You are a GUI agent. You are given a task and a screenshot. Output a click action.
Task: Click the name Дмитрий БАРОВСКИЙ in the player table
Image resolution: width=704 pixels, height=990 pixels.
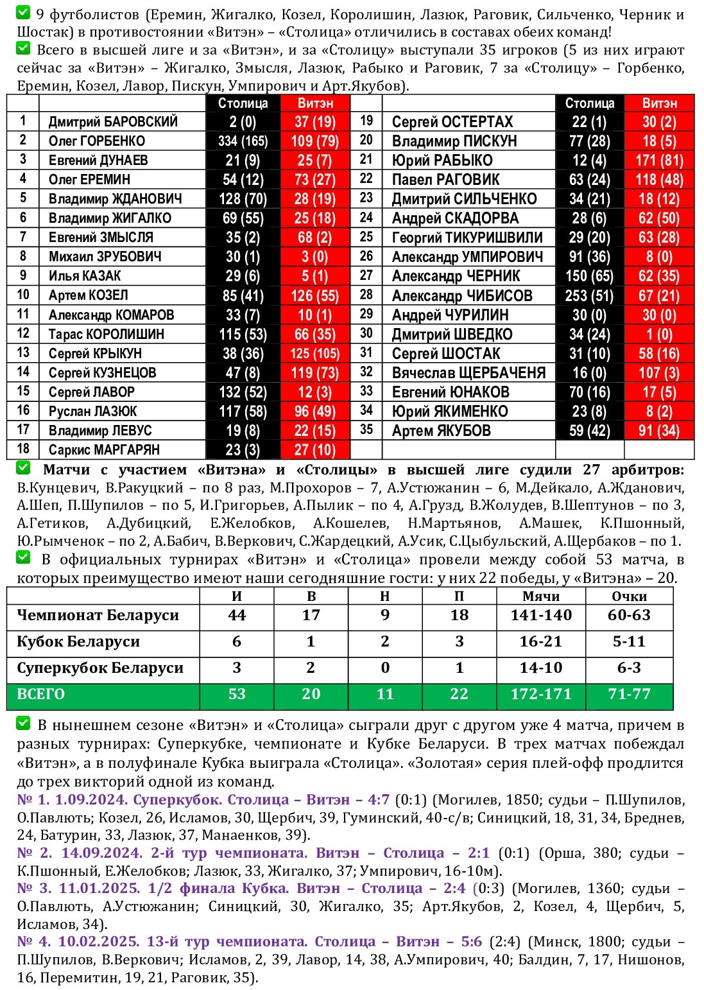point(113,122)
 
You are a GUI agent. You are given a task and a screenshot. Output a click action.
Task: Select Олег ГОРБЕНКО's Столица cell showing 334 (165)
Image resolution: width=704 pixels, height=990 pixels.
point(243,141)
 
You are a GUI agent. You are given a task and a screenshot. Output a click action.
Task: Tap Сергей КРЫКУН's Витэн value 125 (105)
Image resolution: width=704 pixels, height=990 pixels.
point(314,354)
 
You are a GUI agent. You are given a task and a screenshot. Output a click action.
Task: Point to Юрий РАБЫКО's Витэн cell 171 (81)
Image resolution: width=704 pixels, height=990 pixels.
point(659,161)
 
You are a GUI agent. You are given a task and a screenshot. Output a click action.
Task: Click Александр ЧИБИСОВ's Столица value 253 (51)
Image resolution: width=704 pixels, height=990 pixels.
point(589,296)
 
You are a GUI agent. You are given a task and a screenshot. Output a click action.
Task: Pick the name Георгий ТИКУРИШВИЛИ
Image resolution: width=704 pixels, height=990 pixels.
point(467,238)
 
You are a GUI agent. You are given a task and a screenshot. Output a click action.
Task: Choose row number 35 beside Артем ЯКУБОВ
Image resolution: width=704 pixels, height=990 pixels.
point(366,430)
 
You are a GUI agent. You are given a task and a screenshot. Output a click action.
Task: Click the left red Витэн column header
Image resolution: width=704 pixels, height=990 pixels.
point(315,103)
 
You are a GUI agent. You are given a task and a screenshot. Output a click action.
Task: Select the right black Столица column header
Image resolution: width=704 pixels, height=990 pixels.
point(589,103)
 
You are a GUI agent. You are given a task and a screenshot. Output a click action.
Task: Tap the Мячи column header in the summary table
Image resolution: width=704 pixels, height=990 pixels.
point(540,596)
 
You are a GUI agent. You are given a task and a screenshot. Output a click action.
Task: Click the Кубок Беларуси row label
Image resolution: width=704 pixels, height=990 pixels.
point(78,641)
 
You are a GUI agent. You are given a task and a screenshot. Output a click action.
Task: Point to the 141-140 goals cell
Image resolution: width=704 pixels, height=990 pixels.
point(540,615)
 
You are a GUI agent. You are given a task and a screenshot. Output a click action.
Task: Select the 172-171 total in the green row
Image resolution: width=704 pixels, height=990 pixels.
point(540,694)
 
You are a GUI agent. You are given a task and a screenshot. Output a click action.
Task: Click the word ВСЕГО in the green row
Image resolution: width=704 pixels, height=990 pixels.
point(41,694)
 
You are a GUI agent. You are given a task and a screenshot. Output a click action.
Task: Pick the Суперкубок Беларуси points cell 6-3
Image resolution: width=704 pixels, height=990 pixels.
point(628,668)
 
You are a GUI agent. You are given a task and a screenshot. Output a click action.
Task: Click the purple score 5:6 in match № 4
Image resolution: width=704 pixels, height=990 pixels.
point(471,942)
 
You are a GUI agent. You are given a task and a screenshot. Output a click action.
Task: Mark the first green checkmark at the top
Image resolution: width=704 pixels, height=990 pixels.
point(23,13)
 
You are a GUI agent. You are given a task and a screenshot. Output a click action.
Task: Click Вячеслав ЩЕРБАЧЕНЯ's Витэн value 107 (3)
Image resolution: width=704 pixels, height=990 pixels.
point(659,373)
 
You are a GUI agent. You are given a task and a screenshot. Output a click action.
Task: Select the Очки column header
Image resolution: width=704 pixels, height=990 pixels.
point(628,596)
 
